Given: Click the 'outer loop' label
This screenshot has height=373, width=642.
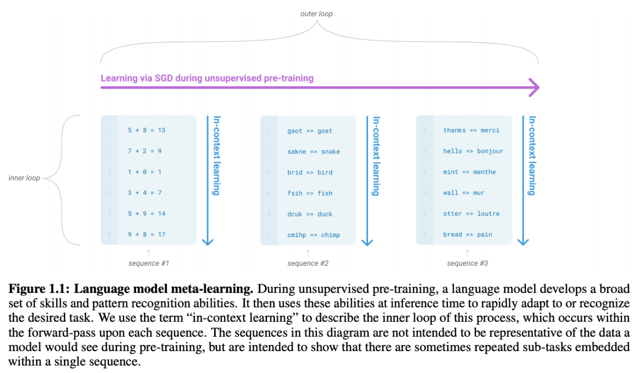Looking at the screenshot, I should (316, 13).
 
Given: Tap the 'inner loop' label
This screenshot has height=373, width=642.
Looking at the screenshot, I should (24, 178).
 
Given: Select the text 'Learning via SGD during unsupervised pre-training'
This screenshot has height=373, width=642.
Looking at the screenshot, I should (207, 78).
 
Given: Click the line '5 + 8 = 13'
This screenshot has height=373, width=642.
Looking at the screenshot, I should (147, 130).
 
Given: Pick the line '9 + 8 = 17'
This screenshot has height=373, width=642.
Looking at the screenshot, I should (147, 234).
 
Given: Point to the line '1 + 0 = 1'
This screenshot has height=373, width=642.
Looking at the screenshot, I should (144, 172).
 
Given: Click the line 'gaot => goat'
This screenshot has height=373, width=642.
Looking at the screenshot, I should (310, 131).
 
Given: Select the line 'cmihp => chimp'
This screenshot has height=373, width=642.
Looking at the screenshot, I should (314, 235).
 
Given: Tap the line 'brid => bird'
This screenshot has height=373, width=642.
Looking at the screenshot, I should (310, 173).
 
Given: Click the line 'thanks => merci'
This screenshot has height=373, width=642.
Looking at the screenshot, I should (471, 130).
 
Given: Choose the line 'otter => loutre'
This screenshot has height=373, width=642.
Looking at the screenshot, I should (471, 214).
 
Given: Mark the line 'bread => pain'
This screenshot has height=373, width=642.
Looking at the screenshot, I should (468, 235).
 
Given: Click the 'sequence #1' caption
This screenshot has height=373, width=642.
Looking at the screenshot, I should (149, 263).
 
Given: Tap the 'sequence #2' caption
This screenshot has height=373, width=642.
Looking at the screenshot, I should (308, 263).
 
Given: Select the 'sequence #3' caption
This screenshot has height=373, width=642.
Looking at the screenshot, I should (467, 263).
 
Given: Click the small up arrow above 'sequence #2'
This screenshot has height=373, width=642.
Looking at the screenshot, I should (308, 251).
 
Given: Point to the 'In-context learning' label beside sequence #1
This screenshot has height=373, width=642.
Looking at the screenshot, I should (217, 156).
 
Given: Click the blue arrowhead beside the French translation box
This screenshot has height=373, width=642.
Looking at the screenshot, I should (523, 241).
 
